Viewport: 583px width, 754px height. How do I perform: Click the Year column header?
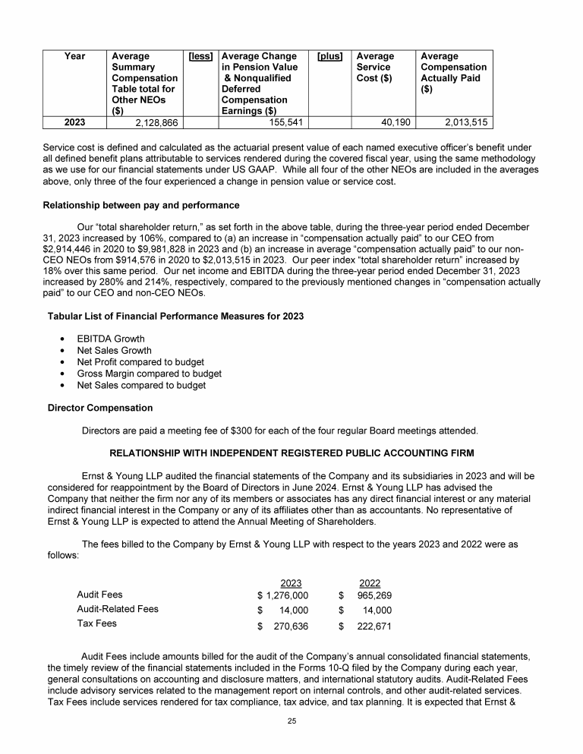coord(75,56)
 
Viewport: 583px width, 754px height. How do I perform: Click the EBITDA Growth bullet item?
coord(111,339)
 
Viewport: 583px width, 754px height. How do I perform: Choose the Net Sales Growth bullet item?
coord(114,351)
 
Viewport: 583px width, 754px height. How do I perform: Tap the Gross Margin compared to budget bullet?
coord(149,374)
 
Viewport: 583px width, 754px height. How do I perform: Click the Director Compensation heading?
coord(99,408)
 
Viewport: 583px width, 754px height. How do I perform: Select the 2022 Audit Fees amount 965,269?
coord(375,595)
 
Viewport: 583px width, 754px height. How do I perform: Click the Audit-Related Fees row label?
coord(118,609)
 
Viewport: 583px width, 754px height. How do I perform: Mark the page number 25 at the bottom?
coord(291,721)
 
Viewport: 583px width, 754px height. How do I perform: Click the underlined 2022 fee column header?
coord(369,582)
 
